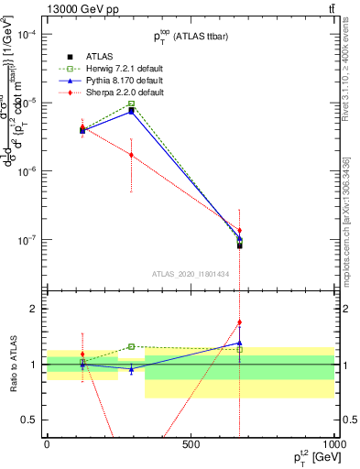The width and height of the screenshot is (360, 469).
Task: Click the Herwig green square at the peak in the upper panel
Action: (132, 104)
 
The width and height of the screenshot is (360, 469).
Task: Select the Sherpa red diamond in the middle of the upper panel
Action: (132, 155)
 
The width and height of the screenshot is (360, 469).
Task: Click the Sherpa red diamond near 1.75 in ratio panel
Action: (240, 322)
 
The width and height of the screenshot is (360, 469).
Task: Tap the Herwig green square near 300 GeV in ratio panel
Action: (132, 346)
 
